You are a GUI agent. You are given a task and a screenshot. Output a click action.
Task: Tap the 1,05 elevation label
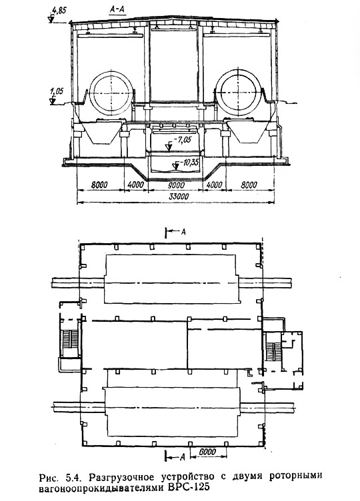(57, 91)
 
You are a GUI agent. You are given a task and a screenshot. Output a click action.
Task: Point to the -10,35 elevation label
(188, 163)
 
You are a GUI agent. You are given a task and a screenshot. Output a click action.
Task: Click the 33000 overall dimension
(179, 197)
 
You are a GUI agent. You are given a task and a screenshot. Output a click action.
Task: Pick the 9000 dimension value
(176, 185)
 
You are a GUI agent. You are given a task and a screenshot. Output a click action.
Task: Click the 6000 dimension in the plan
(207, 452)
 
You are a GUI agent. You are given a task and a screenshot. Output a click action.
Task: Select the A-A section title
(117, 10)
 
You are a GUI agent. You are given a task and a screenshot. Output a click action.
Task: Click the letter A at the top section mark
(183, 232)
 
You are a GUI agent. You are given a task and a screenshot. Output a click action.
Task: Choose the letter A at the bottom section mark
(183, 458)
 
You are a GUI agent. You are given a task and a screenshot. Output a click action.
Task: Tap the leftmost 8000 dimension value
(99, 185)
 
